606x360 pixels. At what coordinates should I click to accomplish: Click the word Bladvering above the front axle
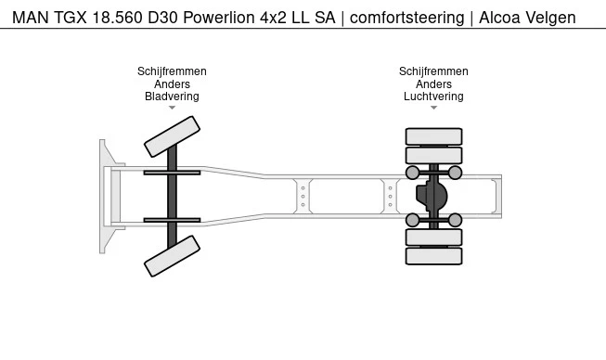(x=172, y=96)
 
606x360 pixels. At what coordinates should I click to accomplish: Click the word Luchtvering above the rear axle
(x=433, y=96)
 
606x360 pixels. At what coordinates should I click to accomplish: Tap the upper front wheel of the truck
(x=172, y=136)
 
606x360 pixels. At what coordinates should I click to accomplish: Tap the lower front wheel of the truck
(x=172, y=255)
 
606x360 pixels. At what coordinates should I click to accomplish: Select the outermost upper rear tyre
(x=433, y=136)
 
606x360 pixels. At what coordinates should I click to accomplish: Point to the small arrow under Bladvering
(x=172, y=108)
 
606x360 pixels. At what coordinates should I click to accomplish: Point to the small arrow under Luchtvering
(x=433, y=108)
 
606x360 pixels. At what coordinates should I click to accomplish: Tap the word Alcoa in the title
(x=500, y=18)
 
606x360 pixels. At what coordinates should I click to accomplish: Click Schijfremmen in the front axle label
(x=172, y=71)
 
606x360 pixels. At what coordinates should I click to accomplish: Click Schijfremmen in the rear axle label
(x=433, y=71)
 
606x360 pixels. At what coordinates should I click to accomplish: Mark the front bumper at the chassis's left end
(x=105, y=196)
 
